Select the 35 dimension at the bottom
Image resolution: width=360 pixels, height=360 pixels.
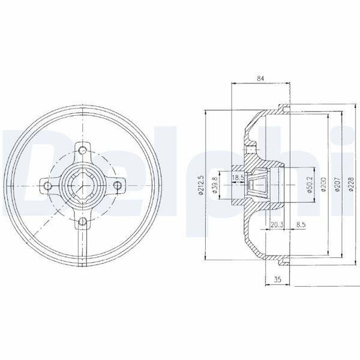coord(277,280)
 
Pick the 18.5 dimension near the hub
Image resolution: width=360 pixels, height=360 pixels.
coord(238,178)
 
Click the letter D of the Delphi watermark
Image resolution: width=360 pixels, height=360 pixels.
coord(24,162)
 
